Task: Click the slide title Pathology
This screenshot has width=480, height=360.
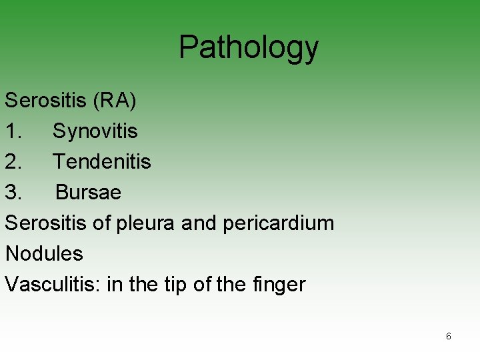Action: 249,47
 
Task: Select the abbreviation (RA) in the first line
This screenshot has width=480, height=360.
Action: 115,100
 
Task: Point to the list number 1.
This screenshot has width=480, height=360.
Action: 13,131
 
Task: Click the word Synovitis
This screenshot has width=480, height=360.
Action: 95,131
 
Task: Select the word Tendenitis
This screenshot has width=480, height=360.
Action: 102,161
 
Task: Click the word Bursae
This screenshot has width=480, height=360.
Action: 88,192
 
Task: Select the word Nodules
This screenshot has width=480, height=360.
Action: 44,253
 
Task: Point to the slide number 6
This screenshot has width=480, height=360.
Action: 448,337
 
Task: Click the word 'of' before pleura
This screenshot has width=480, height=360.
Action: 101,223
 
